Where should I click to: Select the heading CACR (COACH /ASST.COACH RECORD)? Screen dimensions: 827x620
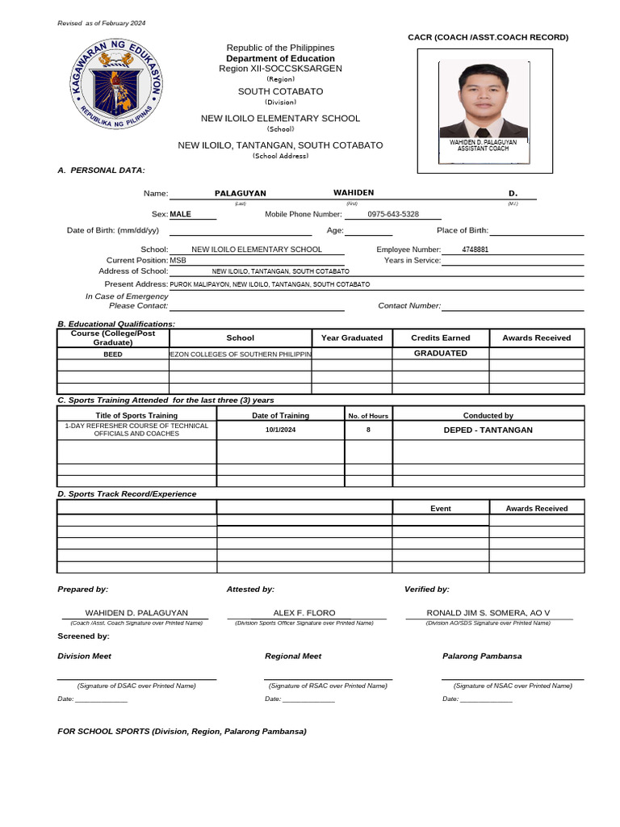click(488, 37)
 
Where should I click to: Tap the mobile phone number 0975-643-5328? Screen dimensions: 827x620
click(393, 214)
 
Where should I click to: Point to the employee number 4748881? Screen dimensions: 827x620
click(475, 250)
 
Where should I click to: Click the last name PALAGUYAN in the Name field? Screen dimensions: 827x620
click(240, 194)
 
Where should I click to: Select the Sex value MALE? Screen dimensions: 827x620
click(181, 214)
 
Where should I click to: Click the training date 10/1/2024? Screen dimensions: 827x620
click(281, 430)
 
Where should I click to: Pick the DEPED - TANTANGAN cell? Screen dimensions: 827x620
click(488, 430)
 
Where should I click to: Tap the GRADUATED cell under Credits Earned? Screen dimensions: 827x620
click(440, 353)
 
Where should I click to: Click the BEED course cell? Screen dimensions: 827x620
click(113, 354)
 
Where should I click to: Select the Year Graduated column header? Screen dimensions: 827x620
click(352, 338)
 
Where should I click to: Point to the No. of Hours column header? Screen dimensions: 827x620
click(368, 416)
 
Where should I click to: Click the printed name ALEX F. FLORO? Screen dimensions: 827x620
click(304, 613)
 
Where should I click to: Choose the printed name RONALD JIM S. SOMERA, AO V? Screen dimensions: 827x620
click(488, 613)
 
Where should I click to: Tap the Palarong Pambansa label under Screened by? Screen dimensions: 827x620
click(482, 656)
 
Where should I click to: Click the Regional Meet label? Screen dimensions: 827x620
click(293, 656)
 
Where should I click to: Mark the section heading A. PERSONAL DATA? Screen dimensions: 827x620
click(102, 170)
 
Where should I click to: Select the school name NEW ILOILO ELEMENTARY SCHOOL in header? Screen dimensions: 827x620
click(280, 119)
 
